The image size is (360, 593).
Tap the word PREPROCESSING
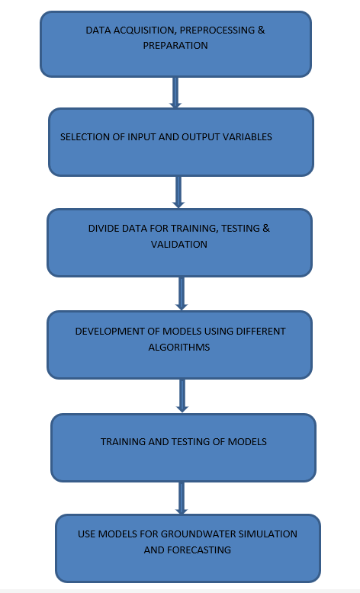pyautogui.click(x=217, y=30)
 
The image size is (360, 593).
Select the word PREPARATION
pyautogui.click(x=175, y=46)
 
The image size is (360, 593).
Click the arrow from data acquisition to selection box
pyautogui.click(x=175, y=93)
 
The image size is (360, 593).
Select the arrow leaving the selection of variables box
pyautogui.click(x=178, y=192)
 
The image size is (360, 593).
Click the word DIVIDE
pyautogui.click(x=103, y=229)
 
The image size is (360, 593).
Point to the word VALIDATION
pyautogui.click(x=179, y=245)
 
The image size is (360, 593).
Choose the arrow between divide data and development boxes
pyautogui.click(x=182, y=293)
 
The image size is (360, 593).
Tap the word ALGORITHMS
pyautogui.click(x=179, y=347)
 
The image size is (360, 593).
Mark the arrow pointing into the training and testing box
pyautogui.click(x=182, y=396)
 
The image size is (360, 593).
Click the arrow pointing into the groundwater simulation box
pyautogui.click(x=182, y=498)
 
